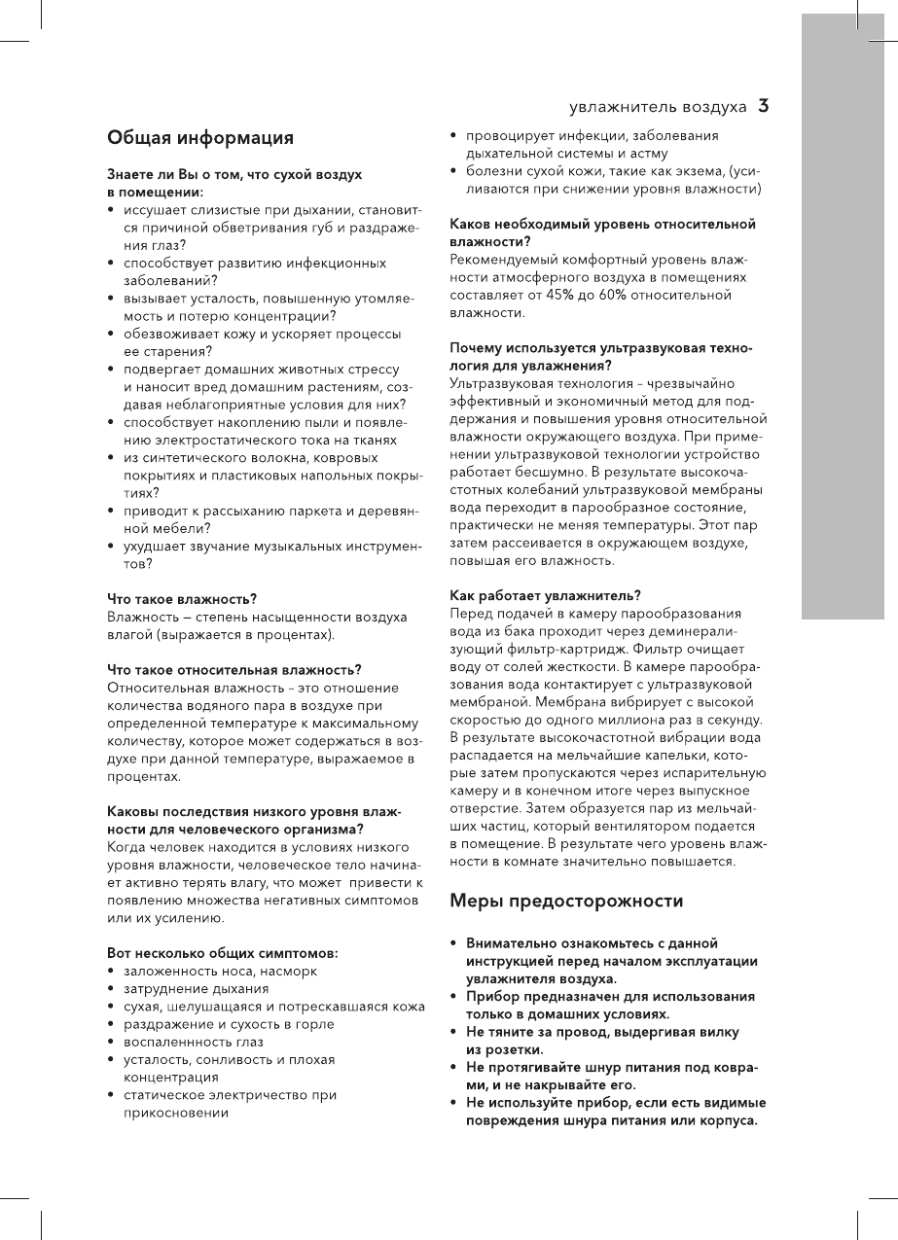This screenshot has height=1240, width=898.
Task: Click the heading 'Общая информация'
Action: point(200,138)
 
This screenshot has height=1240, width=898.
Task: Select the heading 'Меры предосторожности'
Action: point(566,901)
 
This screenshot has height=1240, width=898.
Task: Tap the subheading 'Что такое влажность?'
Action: point(182,600)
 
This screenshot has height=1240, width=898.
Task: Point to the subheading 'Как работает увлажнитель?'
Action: point(545,595)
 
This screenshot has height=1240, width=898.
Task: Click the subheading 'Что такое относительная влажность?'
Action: point(234,670)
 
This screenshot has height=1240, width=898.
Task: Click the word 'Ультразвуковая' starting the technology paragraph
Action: point(503,383)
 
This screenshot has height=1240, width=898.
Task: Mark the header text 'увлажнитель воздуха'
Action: point(658,106)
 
